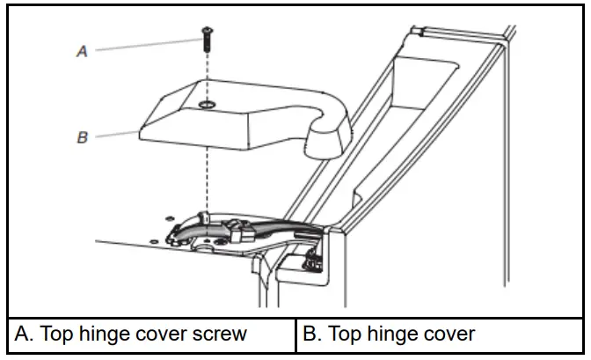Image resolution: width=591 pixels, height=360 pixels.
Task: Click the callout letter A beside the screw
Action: coord(82,52)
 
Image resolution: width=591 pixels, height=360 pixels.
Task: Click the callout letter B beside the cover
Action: coord(83,138)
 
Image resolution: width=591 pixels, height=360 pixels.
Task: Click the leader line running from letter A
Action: coord(141,46)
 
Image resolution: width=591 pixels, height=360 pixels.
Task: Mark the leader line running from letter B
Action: coord(114,136)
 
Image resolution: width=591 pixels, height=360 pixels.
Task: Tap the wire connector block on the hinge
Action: coord(239,231)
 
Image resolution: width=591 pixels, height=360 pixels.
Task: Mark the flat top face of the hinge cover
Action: coord(237,110)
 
